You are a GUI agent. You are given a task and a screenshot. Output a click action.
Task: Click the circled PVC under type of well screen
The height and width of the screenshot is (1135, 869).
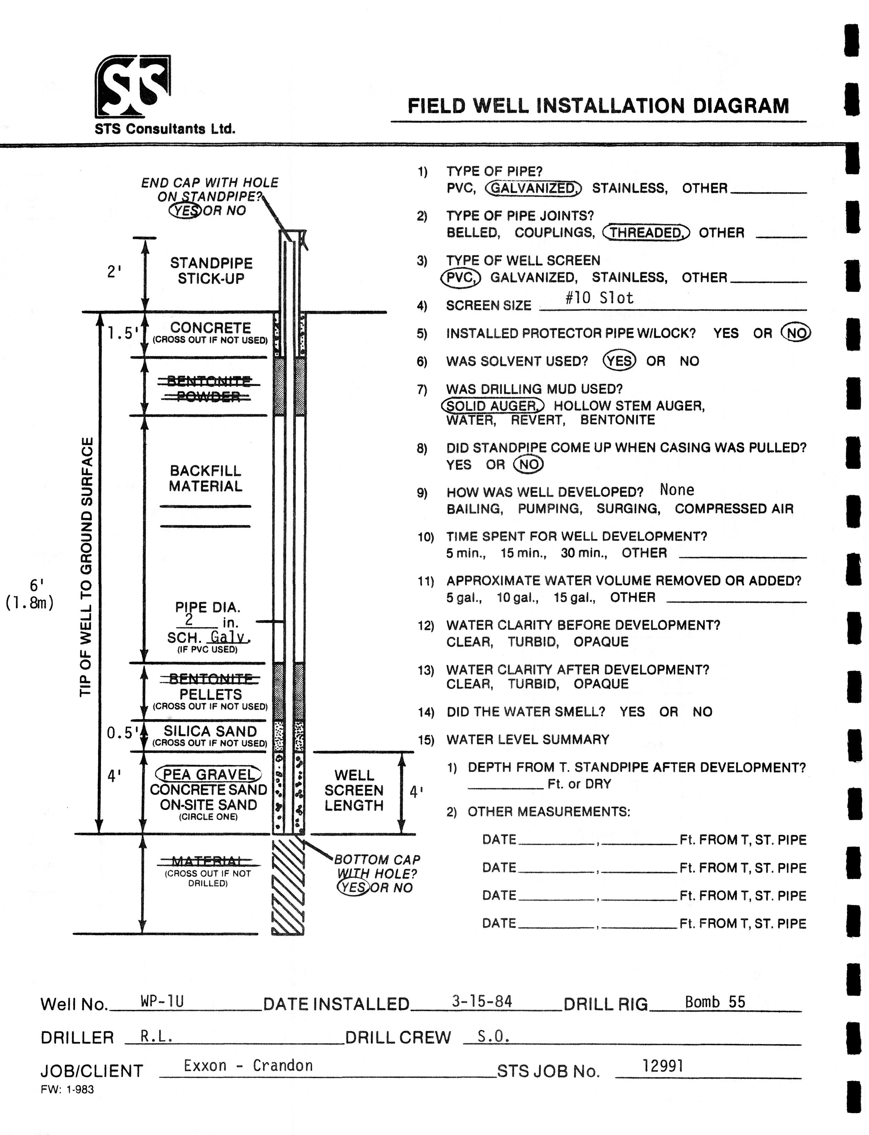[460, 277]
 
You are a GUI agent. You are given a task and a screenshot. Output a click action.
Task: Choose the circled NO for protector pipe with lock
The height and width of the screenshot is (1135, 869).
[796, 333]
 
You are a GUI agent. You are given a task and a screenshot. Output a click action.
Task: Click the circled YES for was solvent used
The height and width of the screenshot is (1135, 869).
[619, 361]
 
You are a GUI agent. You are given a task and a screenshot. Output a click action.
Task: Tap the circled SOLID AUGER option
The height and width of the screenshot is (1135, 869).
[493, 405]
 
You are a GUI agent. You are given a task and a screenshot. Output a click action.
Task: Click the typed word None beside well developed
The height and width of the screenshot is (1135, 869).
[677, 490]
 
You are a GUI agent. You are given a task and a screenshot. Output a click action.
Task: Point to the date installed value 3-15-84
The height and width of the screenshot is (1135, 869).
[482, 1001]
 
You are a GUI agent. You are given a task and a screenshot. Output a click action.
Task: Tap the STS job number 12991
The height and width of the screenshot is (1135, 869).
[663, 1066]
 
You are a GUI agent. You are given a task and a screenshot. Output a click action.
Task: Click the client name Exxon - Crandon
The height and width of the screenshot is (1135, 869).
[248, 1066]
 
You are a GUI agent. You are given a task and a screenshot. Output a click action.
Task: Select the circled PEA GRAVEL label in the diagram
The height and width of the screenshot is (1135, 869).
[208, 774]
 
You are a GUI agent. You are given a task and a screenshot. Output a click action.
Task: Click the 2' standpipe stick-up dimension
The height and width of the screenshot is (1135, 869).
[114, 271]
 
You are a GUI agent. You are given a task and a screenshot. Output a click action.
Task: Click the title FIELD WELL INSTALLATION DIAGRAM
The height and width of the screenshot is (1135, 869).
[599, 106]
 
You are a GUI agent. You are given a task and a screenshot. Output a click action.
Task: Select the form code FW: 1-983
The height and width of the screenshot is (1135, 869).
[67, 1089]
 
